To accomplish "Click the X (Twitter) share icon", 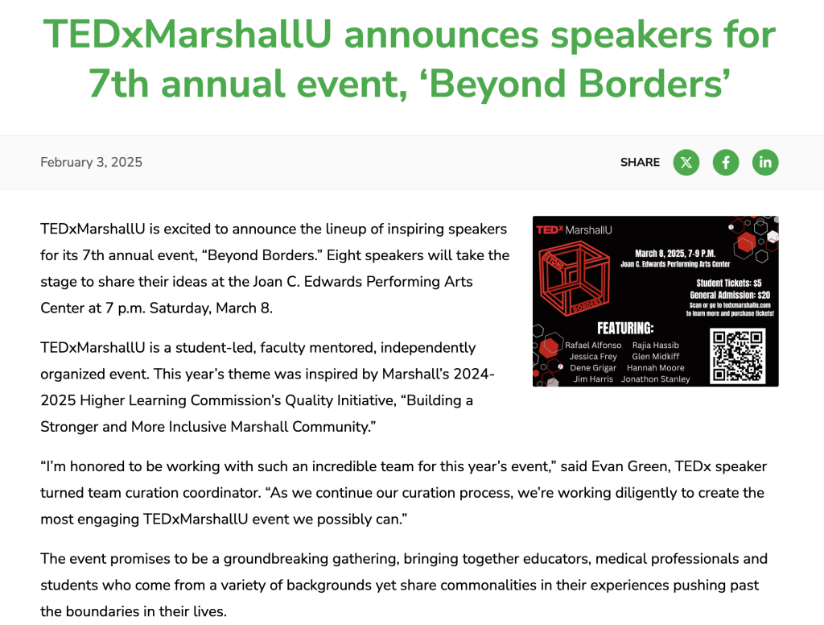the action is pyautogui.click(x=686, y=162).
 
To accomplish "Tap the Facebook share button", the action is pyautogui.click(x=726, y=162).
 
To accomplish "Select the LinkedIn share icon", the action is pyautogui.click(x=765, y=162).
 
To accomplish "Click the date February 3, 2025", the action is pyautogui.click(x=92, y=162).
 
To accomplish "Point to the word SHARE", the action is pyautogui.click(x=640, y=162).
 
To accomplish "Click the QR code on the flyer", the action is pyautogui.click(x=737, y=356).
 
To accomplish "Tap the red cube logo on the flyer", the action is pyautogui.click(x=575, y=278).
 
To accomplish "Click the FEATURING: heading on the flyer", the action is pyautogui.click(x=625, y=329).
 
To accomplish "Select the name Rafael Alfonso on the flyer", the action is pyautogui.click(x=593, y=345).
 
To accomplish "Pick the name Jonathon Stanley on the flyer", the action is pyautogui.click(x=655, y=379).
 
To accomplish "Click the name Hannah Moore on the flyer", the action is pyautogui.click(x=655, y=368).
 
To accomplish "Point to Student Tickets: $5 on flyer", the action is pyautogui.click(x=729, y=283).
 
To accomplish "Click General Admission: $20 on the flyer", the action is pyautogui.click(x=730, y=295).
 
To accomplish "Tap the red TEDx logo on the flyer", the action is pyautogui.click(x=550, y=230).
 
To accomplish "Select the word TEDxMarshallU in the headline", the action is pyautogui.click(x=187, y=35).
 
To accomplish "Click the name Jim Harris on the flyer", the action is pyautogui.click(x=593, y=379).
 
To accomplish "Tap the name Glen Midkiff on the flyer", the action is pyautogui.click(x=655, y=356).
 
